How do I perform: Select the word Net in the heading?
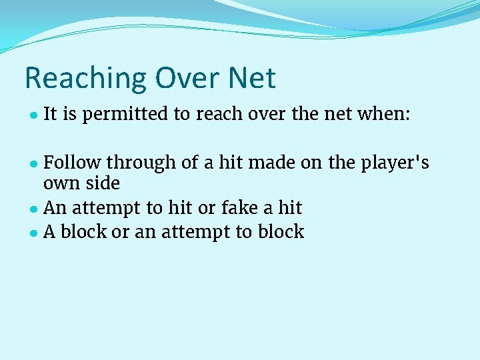click(x=251, y=78)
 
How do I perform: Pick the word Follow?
click(x=73, y=163)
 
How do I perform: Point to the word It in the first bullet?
click(x=50, y=115)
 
